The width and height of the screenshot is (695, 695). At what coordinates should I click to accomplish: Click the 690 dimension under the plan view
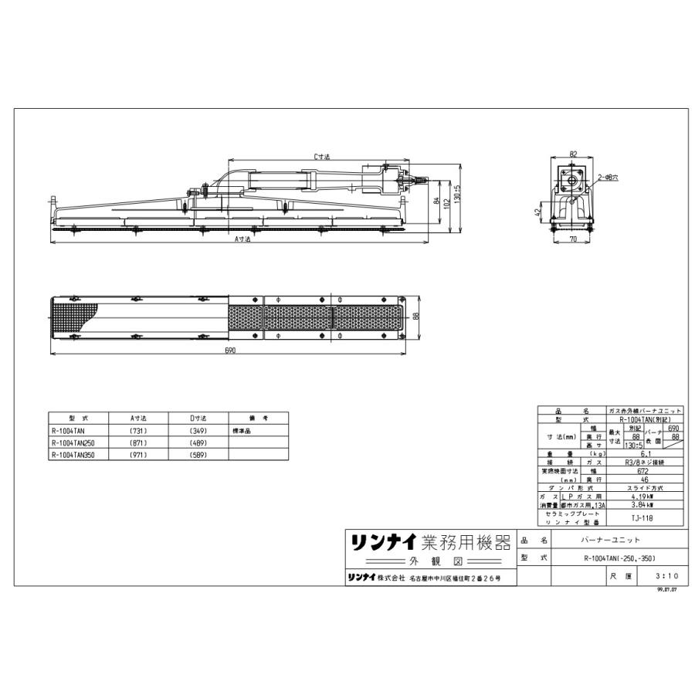click(229, 351)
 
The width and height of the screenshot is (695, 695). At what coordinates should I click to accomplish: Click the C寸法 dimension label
click(321, 157)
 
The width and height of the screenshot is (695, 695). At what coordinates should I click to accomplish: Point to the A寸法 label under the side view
click(242, 239)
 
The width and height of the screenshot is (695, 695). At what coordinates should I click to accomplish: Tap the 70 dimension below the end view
click(573, 240)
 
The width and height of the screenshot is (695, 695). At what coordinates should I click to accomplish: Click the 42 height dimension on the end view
click(537, 212)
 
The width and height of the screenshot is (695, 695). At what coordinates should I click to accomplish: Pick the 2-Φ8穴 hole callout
click(607, 178)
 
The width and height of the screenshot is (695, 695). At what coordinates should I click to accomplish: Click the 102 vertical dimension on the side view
click(446, 202)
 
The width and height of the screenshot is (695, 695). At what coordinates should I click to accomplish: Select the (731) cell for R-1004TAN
click(138, 431)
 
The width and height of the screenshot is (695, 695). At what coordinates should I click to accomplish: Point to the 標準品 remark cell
click(241, 431)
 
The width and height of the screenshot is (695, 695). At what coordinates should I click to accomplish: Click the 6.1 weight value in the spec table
click(646, 454)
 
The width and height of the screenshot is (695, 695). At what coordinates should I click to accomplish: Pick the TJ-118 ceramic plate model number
click(646, 518)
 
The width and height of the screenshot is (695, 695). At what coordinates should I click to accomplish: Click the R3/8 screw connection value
click(646, 462)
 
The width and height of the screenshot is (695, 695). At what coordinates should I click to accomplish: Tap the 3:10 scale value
click(665, 576)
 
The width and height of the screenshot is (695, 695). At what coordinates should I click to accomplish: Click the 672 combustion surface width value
click(646, 470)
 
